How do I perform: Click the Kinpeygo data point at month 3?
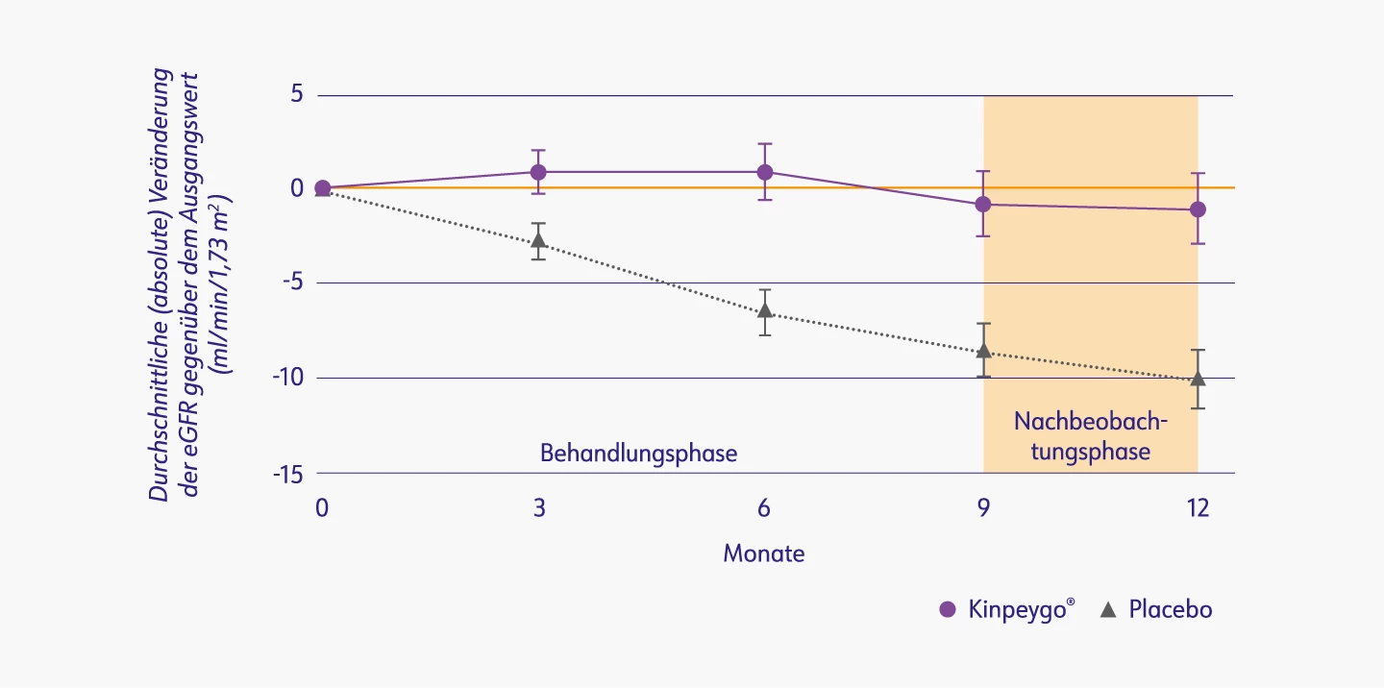click(x=539, y=172)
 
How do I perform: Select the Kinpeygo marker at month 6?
click(x=765, y=172)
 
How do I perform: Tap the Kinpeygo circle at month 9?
click(x=983, y=204)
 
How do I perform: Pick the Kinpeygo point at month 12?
click(x=1198, y=209)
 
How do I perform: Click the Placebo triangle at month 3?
click(x=539, y=240)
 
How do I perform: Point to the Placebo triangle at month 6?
click(x=765, y=310)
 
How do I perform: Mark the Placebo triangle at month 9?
click(x=983, y=351)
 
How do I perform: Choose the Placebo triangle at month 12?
click(x=1198, y=379)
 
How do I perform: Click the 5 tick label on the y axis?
click(x=297, y=95)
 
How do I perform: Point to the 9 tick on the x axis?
click(x=983, y=508)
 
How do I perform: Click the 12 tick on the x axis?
click(x=1198, y=508)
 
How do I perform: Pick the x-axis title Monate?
click(x=764, y=553)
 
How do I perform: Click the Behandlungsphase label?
click(x=638, y=454)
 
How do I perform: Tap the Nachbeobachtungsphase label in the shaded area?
click(x=1090, y=436)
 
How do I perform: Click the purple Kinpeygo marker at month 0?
click(x=323, y=188)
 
